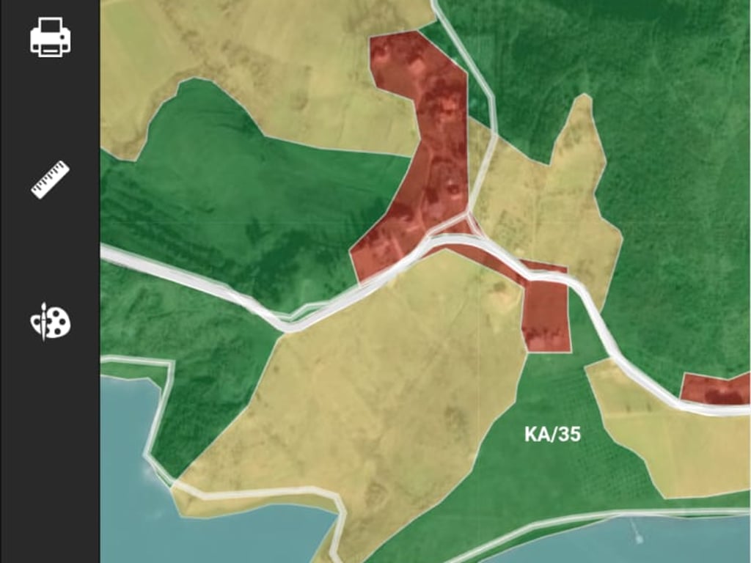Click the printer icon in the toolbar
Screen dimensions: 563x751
(50, 37)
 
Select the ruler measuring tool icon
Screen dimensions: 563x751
(50, 179)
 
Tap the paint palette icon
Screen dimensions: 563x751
(50, 321)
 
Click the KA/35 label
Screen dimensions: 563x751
(552, 434)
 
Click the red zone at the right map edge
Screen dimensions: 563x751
(715, 389)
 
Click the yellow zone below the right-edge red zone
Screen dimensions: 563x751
(682, 447)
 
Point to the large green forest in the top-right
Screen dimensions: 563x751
(660, 147)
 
